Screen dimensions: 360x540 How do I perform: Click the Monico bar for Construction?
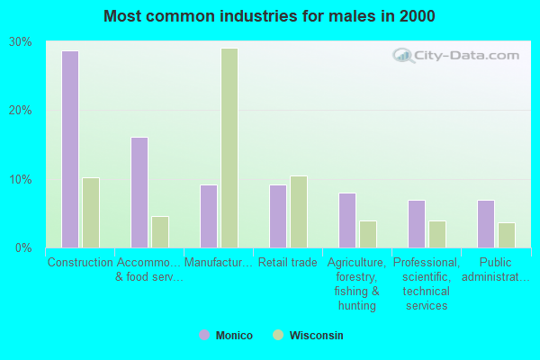(70, 148)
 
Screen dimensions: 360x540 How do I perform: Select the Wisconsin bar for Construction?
(91, 212)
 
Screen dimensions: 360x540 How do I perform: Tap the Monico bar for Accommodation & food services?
(139, 192)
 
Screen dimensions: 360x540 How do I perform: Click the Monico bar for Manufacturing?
(209, 216)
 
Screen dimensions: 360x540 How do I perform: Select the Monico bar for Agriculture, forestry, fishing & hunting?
(347, 220)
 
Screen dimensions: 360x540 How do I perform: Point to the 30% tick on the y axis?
(21, 42)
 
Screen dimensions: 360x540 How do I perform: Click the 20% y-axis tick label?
(21, 111)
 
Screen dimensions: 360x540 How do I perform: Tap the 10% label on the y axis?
(21, 179)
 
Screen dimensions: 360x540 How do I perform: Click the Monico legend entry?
(226, 336)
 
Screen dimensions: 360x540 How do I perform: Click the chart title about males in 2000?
(269, 16)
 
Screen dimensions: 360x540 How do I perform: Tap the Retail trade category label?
(288, 263)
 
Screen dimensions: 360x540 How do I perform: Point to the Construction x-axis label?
(80, 263)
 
